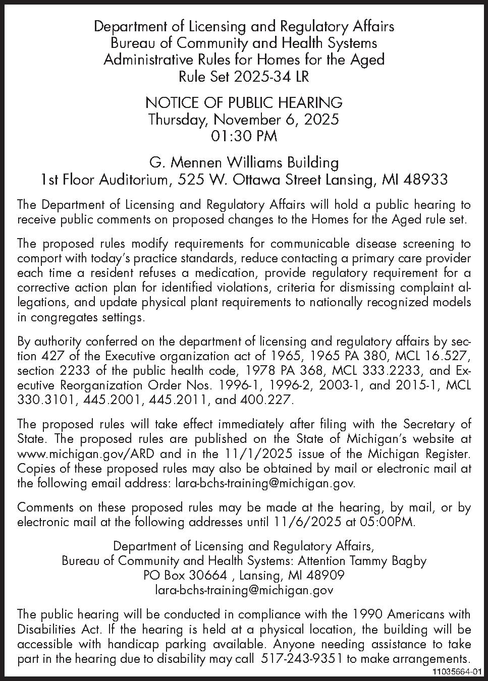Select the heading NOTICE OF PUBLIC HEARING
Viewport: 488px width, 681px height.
pyautogui.click(x=244, y=103)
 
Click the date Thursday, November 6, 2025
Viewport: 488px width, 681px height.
pyautogui.click(x=244, y=120)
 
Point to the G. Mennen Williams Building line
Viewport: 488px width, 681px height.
pyautogui.click(x=244, y=162)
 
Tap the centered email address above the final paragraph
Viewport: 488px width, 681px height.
pyautogui.click(x=244, y=590)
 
